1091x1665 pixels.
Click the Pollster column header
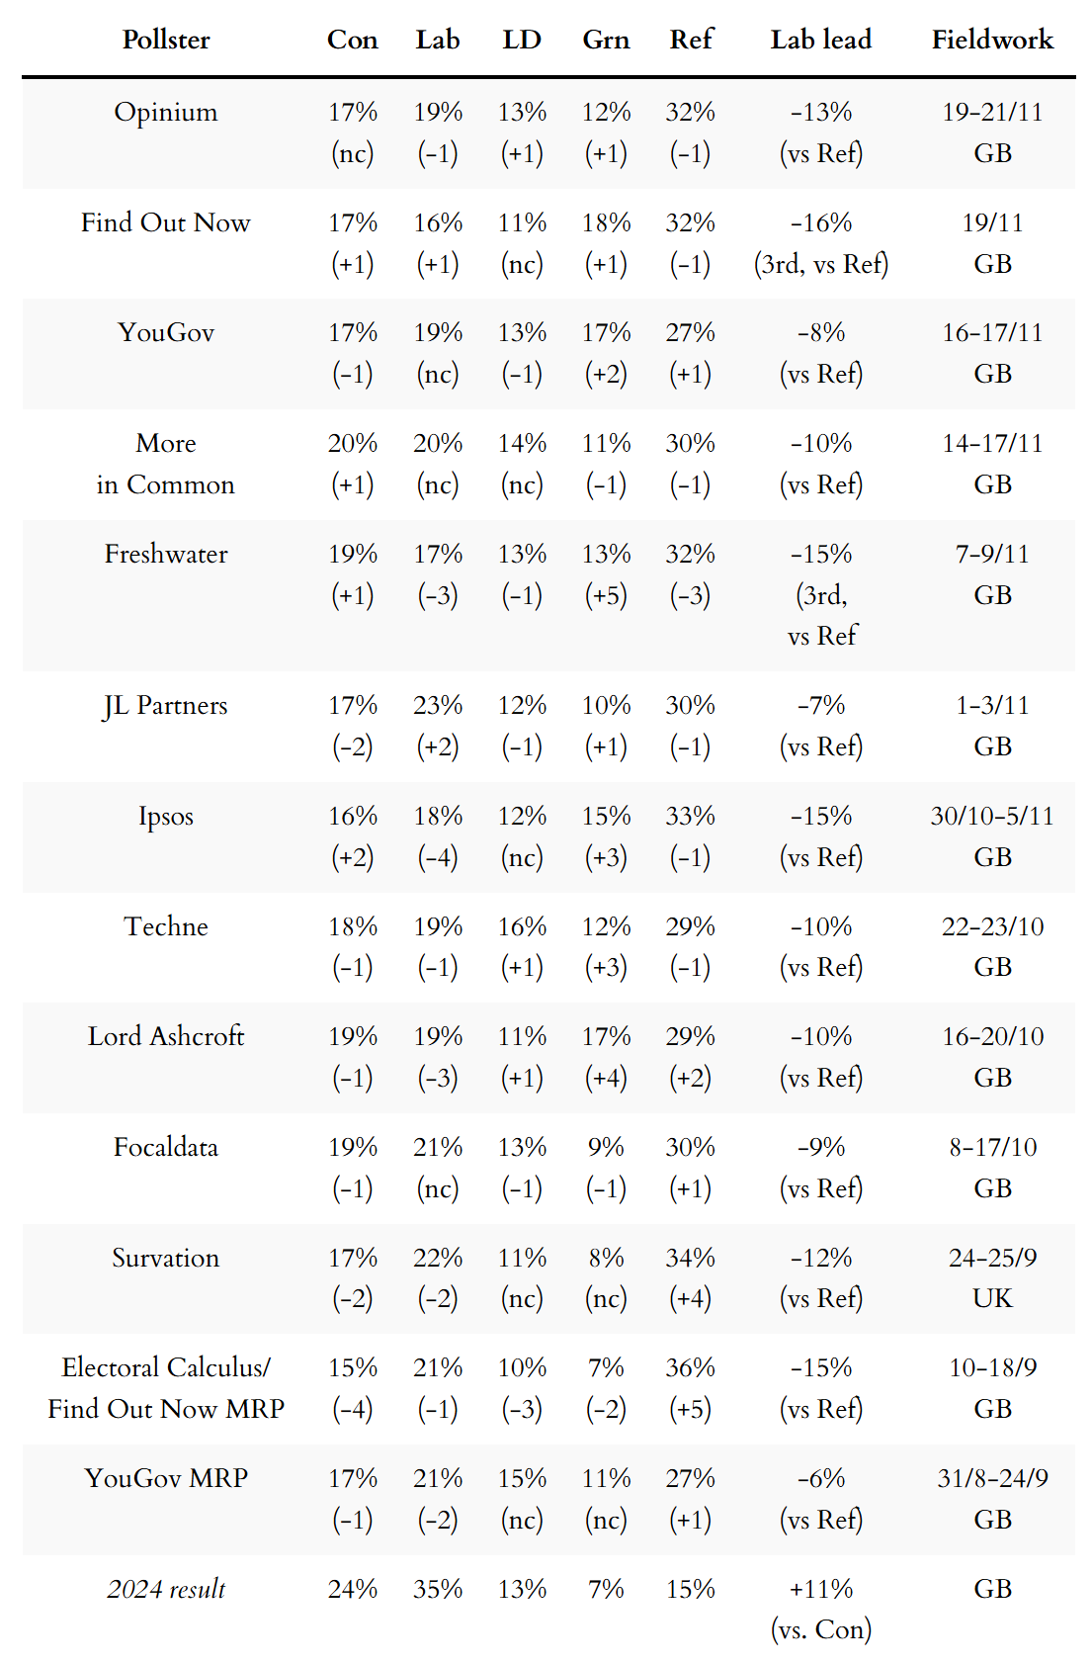click(166, 40)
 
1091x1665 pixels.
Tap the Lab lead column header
click(820, 40)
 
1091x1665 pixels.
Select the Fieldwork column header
click(992, 40)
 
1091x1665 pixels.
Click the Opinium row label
click(166, 112)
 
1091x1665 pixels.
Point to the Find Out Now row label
click(166, 222)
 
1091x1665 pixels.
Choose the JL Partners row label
click(166, 705)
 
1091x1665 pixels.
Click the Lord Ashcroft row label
click(166, 1036)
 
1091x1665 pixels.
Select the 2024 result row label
click(166, 1589)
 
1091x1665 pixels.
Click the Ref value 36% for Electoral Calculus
click(690, 1367)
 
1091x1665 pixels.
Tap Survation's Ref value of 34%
click(690, 1258)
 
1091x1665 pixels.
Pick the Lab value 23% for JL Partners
click(438, 705)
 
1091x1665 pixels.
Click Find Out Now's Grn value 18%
click(606, 222)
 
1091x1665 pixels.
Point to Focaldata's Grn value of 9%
click(606, 1147)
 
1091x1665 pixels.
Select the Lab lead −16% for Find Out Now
click(820, 222)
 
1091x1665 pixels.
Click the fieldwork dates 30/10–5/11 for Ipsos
click(992, 816)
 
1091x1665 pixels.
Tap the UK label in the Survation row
click(992, 1298)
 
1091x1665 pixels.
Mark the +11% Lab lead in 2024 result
click(820, 1589)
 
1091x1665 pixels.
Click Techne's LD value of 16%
click(522, 926)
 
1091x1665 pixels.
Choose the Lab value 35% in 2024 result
click(438, 1589)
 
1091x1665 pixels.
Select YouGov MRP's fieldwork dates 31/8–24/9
click(992, 1478)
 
